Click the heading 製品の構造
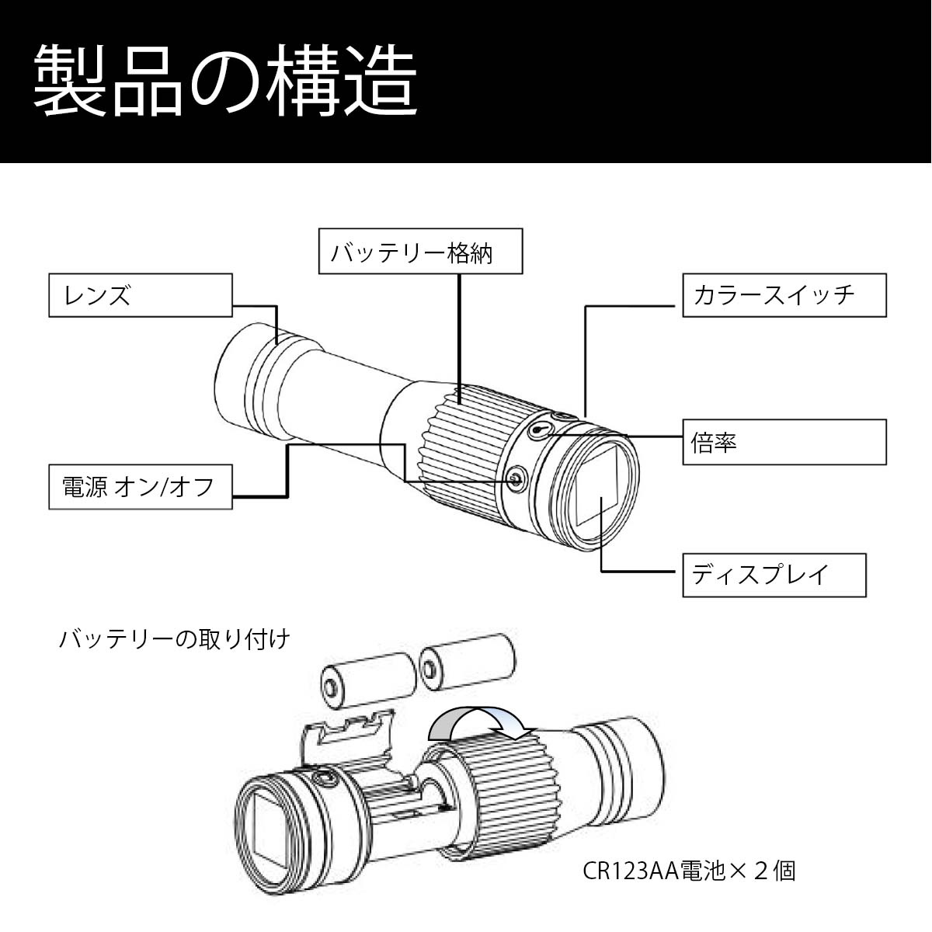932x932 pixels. click(x=225, y=82)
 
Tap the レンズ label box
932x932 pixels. click(x=141, y=295)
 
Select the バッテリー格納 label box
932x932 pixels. click(x=420, y=251)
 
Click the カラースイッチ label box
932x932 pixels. click(x=784, y=295)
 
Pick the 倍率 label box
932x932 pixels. click(x=784, y=442)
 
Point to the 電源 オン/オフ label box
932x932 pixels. click(x=141, y=487)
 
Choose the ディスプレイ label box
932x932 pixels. click(x=774, y=575)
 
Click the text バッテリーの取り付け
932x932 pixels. click(x=175, y=639)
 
